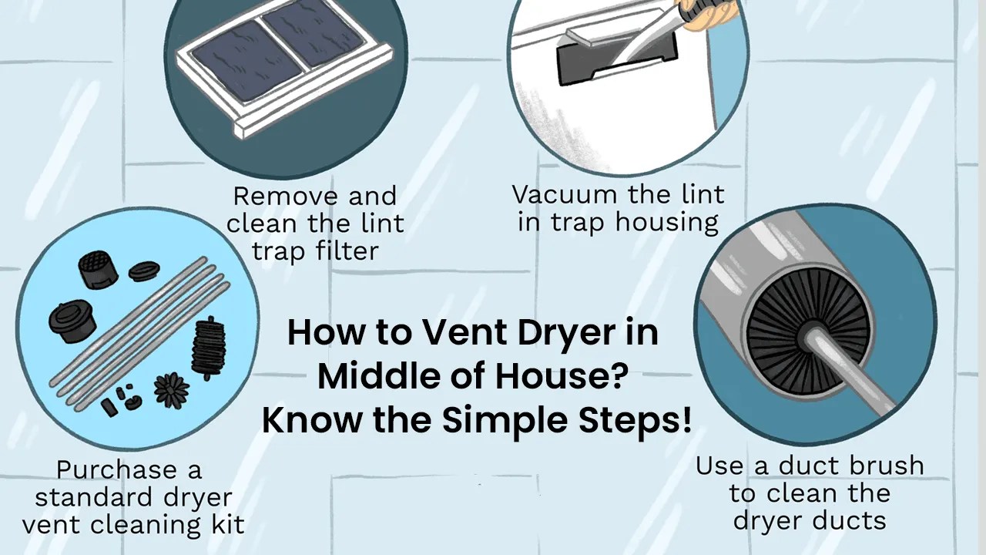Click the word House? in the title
572,376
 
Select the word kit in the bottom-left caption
226,525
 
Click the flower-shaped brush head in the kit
171,390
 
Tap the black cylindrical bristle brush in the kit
206,347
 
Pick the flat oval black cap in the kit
144,271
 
